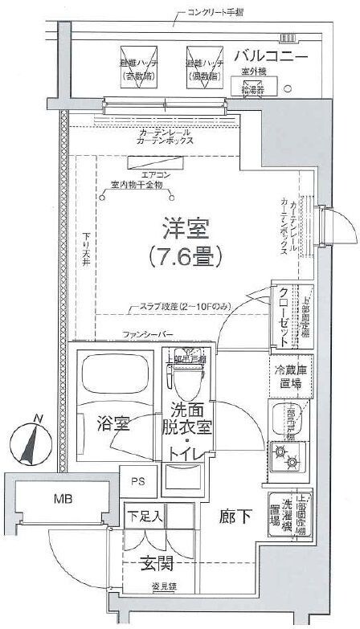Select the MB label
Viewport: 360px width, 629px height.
pos(63,499)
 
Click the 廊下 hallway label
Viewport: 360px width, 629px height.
pos(232,519)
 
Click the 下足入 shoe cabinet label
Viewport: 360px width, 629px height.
pos(145,516)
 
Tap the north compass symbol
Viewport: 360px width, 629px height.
pos(31,441)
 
